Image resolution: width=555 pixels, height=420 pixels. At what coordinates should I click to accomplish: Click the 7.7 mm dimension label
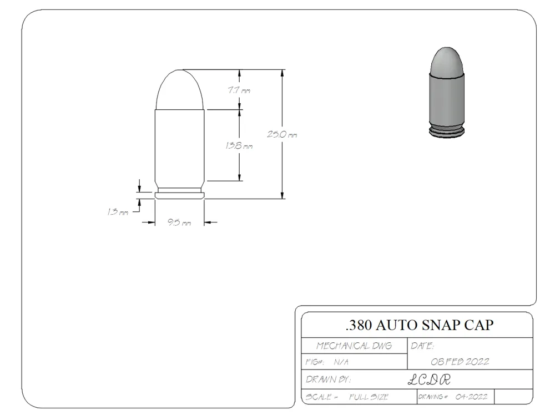[x=239, y=90]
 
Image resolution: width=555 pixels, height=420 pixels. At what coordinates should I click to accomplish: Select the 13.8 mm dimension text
[x=239, y=146]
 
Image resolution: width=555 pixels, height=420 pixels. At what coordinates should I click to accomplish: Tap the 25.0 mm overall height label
[x=282, y=134]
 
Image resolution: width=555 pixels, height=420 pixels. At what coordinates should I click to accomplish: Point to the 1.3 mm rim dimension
[x=118, y=212]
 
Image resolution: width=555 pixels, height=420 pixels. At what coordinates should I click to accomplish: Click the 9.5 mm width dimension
[x=179, y=222]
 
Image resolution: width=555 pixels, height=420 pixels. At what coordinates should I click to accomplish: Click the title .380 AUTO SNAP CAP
[x=420, y=325]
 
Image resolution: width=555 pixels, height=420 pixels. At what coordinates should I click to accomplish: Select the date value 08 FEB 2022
[x=460, y=362]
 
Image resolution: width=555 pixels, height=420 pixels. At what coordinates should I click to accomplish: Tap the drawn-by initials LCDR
[x=430, y=380]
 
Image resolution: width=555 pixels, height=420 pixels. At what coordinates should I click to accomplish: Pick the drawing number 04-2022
[x=471, y=397]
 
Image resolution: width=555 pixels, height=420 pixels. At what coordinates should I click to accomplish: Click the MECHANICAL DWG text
[x=354, y=346]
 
